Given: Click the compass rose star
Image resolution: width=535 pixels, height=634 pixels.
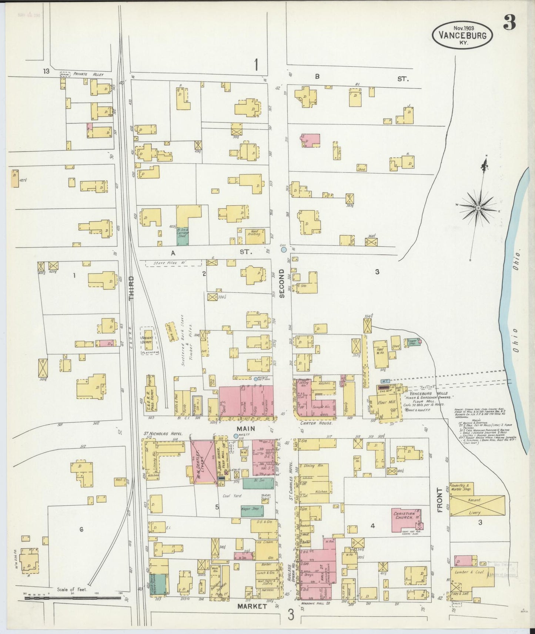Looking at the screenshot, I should [x=478, y=208].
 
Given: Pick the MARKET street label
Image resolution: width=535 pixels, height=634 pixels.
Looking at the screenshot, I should [x=252, y=607].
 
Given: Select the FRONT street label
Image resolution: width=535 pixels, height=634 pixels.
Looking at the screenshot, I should [x=440, y=500].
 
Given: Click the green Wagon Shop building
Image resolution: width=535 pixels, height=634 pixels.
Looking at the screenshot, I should [x=252, y=510].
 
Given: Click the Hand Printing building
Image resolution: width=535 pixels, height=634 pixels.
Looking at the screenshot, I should [x=255, y=234].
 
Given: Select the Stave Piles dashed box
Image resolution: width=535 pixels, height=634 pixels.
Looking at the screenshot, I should [x=173, y=263].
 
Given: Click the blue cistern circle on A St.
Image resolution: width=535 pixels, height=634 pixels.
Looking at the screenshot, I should [x=284, y=250].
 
